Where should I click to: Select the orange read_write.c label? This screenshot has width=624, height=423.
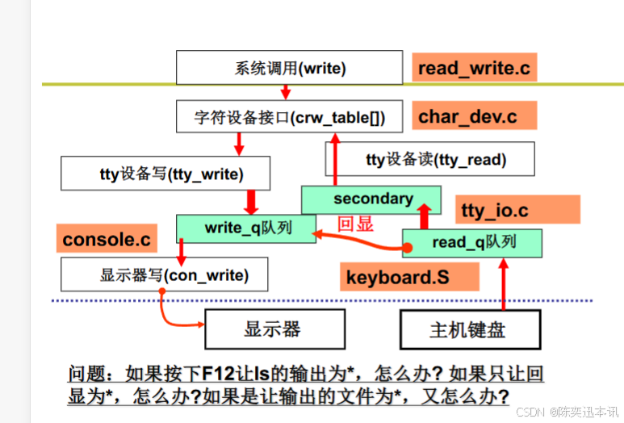point(474,68)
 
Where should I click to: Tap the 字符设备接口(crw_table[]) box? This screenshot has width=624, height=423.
point(290,118)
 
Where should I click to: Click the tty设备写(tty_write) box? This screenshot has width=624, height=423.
point(165,173)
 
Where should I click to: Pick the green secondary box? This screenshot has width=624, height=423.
point(371,199)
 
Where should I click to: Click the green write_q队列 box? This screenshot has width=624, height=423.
point(246,228)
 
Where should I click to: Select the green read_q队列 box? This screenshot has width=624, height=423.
point(472,242)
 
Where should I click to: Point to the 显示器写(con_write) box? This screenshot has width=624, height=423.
point(165,275)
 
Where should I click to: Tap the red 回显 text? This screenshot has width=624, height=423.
point(355,224)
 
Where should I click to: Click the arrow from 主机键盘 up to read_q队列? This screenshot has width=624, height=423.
point(505,283)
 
